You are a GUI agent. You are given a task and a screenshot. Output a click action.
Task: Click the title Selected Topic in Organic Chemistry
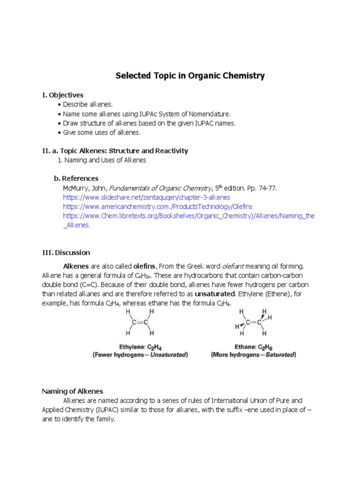tap(190, 75)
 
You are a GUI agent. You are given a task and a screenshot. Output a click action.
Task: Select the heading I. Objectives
tap(63, 95)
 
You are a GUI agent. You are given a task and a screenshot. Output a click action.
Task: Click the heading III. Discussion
tap(66, 253)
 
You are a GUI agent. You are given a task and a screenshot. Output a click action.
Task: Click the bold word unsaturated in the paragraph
tap(215, 293)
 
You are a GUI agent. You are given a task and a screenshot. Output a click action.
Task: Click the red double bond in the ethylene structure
tap(139, 322)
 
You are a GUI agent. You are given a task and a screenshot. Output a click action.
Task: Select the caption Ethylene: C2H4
tap(139, 347)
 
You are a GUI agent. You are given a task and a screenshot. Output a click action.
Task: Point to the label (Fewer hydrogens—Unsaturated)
tap(140, 355)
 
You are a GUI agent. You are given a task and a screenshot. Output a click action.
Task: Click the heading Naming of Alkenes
tap(73, 391)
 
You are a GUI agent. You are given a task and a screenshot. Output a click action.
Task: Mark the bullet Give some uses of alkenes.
tap(102, 133)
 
